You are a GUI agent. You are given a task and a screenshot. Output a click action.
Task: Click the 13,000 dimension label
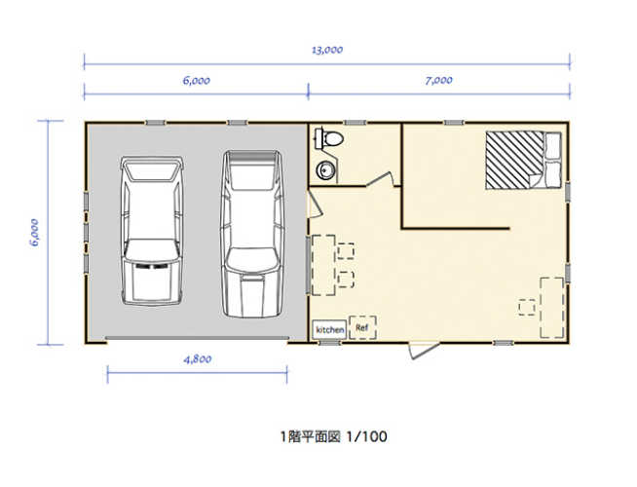click(327, 49)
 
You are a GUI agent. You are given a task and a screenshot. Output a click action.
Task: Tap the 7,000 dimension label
click(438, 81)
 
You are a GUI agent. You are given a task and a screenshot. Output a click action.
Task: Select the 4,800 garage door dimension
click(197, 358)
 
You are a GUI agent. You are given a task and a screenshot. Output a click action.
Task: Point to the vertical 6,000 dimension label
click(34, 232)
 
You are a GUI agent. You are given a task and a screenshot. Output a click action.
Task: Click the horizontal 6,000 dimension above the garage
click(196, 81)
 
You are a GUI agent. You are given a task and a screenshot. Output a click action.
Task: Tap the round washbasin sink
click(326, 171)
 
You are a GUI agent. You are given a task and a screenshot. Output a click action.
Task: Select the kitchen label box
click(329, 329)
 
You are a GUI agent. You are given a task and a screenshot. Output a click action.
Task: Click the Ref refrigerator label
click(362, 328)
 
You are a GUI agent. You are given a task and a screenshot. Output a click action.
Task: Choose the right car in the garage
click(251, 232)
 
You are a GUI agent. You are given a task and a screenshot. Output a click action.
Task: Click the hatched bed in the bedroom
click(514, 159)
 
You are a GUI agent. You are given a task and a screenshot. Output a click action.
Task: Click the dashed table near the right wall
click(551, 307)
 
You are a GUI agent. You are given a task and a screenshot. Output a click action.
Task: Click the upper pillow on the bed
click(552, 145)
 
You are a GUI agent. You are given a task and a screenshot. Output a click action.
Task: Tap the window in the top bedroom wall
click(453, 122)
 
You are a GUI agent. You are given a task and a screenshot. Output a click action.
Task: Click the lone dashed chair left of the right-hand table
click(527, 307)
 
